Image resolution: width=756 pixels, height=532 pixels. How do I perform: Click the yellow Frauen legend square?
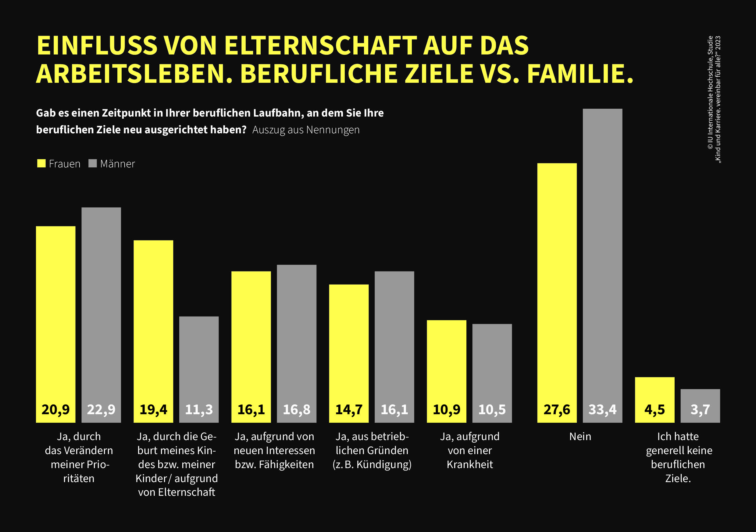point(41,163)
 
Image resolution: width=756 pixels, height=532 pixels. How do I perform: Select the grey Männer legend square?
point(93,163)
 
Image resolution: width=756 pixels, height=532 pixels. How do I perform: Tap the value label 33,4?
point(602,410)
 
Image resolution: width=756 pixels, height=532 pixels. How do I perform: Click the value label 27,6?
point(557,410)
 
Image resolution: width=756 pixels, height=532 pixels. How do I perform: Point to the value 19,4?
point(153,410)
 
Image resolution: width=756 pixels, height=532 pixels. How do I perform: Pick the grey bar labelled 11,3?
point(198,362)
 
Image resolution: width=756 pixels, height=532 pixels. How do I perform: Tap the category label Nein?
point(580,437)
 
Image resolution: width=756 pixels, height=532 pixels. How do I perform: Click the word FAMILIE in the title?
point(579,74)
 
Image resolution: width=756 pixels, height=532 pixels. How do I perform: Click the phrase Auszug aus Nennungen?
point(306,130)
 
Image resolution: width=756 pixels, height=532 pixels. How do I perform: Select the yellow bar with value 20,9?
point(56,312)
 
